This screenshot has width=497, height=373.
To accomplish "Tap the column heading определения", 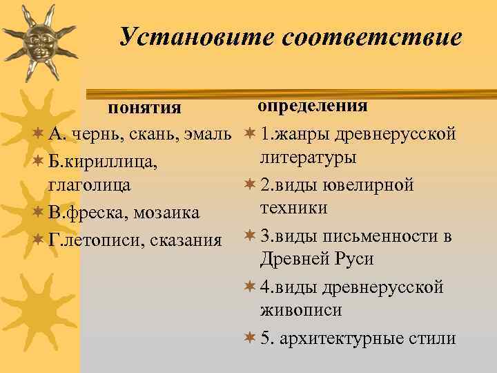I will click(x=312, y=106).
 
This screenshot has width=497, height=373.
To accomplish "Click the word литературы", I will click(x=308, y=158).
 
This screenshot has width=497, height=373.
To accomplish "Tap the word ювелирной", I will click(x=371, y=184).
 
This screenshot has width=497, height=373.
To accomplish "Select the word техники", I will click(x=293, y=209).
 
